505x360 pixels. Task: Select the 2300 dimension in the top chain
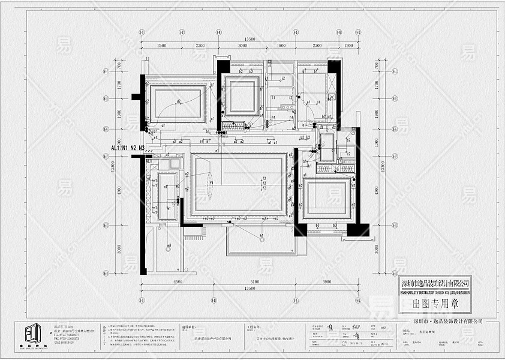point(199,46)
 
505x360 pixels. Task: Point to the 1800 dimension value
point(281,46)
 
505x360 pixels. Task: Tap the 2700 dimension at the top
point(317,46)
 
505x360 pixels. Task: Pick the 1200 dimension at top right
point(348,46)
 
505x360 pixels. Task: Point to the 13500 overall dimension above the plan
point(250,39)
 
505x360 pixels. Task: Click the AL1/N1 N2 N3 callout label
point(128,148)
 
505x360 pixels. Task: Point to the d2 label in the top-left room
point(179,101)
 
